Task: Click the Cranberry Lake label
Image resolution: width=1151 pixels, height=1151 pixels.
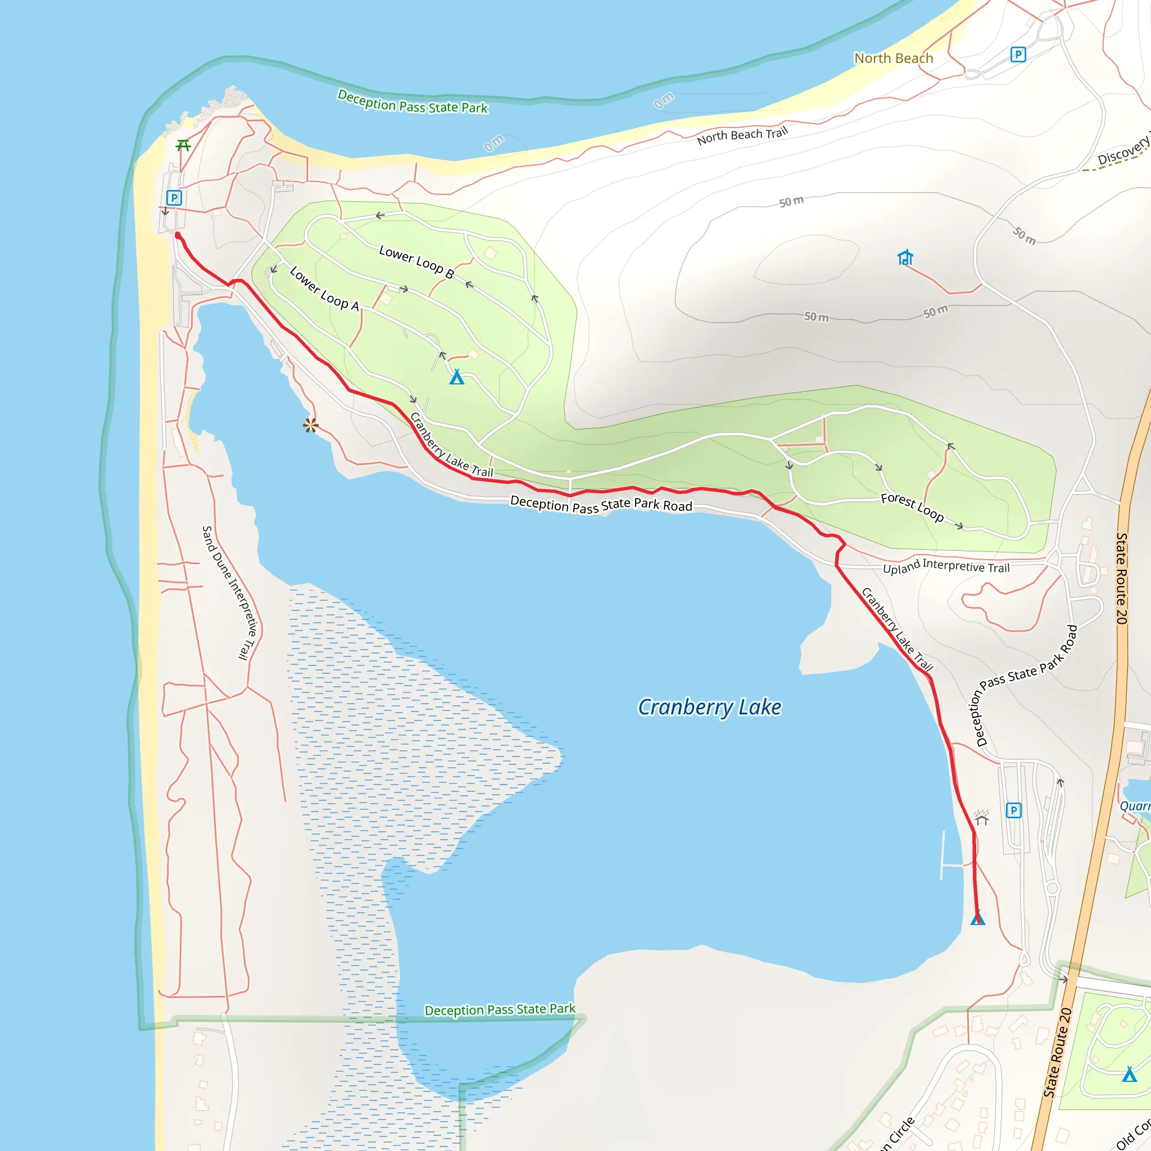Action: point(709,708)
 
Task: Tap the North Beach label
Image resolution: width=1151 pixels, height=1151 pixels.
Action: point(893,58)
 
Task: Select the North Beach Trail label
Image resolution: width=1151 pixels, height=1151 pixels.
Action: point(742,135)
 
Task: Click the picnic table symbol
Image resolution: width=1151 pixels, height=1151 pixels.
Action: point(183,146)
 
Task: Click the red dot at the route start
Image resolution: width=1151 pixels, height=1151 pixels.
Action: point(178,236)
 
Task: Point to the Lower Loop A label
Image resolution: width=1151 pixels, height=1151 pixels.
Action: point(324,289)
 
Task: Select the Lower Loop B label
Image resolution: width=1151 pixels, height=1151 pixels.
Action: point(416,261)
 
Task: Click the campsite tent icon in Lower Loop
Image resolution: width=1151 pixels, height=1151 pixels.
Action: point(456,377)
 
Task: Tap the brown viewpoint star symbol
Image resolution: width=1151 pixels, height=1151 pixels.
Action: point(310,425)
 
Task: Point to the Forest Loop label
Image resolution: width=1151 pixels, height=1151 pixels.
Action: point(912,507)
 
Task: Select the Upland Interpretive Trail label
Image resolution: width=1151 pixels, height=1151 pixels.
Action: point(946,567)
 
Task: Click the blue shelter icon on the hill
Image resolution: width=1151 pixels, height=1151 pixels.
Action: point(905,257)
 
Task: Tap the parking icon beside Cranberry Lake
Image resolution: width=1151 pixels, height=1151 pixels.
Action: point(1013,810)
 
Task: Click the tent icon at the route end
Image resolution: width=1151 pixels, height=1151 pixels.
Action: point(978,919)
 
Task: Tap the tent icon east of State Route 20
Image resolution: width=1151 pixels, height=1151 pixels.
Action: point(1130,1074)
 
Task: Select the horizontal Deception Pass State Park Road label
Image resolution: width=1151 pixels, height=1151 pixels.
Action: point(601,505)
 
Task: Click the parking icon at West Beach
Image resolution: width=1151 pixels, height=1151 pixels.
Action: point(173,197)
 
